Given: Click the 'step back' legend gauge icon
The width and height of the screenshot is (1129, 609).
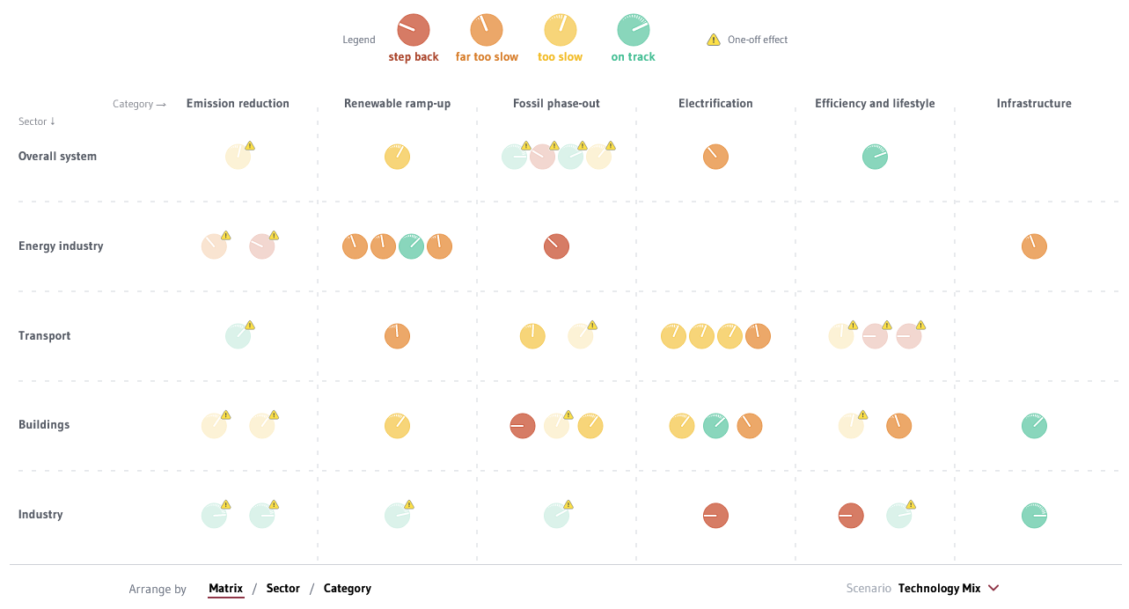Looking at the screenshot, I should pyautogui.click(x=413, y=30).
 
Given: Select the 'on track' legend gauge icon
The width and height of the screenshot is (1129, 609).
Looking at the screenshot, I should pyautogui.click(x=633, y=30).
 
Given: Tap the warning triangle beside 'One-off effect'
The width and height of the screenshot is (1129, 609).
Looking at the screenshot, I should pyautogui.click(x=714, y=40).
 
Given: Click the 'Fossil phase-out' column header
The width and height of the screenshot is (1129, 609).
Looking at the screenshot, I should pyautogui.click(x=556, y=104).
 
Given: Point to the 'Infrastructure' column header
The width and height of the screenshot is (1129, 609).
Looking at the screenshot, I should pyautogui.click(x=1034, y=104).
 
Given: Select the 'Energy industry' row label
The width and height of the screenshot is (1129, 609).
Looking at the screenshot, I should pyautogui.click(x=61, y=246).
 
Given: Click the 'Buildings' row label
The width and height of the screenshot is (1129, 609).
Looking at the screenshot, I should pyautogui.click(x=44, y=425).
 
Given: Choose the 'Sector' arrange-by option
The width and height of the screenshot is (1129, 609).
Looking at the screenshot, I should pyautogui.click(x=282, y=589).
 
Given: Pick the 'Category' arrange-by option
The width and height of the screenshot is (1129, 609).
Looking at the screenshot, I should pyautogui.click(x=348, y=589).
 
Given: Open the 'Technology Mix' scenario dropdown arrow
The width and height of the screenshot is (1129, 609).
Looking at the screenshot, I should pyautogui.click(x=993, y=588).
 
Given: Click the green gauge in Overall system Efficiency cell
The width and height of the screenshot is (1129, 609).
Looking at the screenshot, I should pyautogui.click(x=875, y=157).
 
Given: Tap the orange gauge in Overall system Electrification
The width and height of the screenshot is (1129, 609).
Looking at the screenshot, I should pyautogui.click(x=715, y=157).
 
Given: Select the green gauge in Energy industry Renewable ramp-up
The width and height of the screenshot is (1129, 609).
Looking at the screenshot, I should pyautogui.click(x=411, y=246).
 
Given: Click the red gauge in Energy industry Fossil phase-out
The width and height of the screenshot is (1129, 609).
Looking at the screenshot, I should pyautogui.click(x=556, y=246).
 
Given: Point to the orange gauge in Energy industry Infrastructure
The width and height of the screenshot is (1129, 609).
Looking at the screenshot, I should pyautogui.click(x=1034, y=246).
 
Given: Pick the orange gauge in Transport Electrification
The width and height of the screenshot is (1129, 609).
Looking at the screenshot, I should pyautogui.click(x=758, y=336).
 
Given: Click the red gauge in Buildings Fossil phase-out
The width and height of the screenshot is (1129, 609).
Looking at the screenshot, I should pyautogui.click(x=523, y=426).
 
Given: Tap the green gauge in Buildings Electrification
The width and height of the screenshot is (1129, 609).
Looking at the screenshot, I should pyautogui.click(x=715, y=426).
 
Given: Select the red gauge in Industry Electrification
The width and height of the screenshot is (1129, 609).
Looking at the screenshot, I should pyautogui.click(x=715, y=516).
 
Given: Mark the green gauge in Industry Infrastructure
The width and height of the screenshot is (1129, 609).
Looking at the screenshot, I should pyautogui.click(x=1034, y=516).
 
